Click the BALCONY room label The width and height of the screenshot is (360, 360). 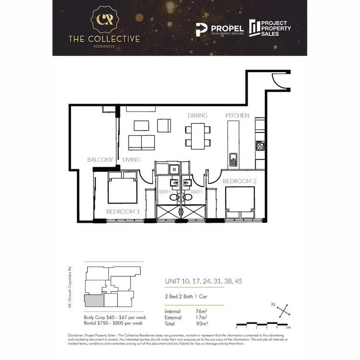coord(100,160)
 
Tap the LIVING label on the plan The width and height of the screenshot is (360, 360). coord(131,160)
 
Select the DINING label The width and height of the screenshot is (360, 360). coord(198,116)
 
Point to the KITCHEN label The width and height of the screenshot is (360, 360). coord(238,116)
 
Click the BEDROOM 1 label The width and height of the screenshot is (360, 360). coord(123,212)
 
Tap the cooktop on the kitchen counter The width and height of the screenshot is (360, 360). coord(260,145)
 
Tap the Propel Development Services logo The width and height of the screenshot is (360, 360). coord(220,30)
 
